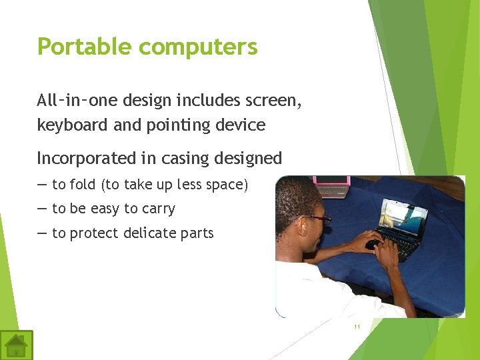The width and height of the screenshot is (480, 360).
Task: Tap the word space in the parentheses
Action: pos(225,185)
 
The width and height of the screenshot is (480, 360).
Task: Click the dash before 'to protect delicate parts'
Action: pos(42,233)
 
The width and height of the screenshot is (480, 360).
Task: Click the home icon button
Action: pos(16,345)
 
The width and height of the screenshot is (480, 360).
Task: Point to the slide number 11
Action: pos(357,327)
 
